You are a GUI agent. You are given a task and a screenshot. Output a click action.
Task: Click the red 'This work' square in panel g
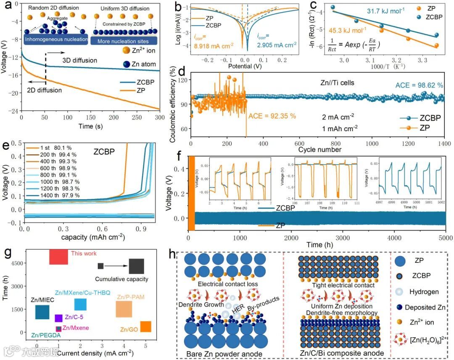coord(58,257)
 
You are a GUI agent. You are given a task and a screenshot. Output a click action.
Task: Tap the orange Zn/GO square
coord(145,326)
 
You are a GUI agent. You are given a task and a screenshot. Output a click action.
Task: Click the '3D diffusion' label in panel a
coord(80,61)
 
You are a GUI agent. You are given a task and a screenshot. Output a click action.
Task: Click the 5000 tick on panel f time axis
coord(445,238)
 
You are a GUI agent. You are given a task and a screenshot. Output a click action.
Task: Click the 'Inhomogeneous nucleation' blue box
coord(55,40)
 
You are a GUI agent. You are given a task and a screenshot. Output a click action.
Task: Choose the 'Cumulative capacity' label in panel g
coord(121,279)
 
